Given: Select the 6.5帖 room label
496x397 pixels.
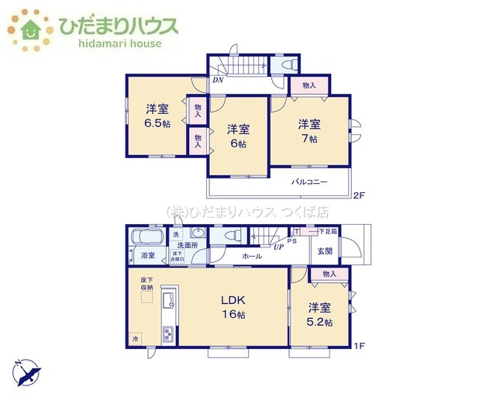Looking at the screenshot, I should click(x=158, y=123).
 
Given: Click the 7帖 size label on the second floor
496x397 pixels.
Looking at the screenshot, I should click(x=309, y=140).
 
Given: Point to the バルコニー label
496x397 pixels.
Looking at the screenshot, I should click(x=309, y=181).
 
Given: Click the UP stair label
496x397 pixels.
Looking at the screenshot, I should click(x=277, y=247).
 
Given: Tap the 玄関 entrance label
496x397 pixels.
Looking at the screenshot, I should click(x=325, y=250).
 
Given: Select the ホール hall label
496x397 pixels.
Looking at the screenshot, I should click(x=250, y=255).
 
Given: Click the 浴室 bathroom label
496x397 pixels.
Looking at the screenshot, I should click(x=147, y=255).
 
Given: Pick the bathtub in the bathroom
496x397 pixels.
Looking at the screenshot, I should click(x=146, y=236).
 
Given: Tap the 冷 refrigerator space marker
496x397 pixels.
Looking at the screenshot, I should click(x=135, y=338).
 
